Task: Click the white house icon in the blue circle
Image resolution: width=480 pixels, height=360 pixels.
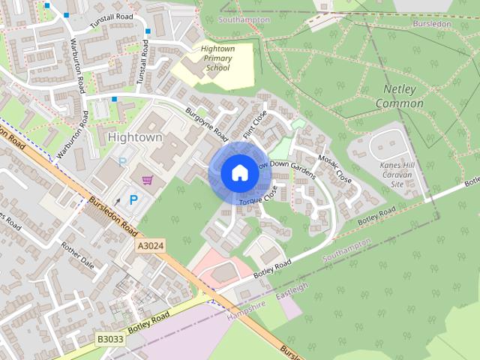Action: pos(239,173)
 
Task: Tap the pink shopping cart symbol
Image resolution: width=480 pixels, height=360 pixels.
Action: pos(147,180)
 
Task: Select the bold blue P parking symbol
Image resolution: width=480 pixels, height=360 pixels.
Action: pos(133,199)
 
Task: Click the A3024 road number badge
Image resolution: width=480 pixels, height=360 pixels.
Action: pos(151,245)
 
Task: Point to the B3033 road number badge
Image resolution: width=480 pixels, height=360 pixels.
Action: pos(110,339)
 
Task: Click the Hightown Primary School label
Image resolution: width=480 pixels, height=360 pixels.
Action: pos(217,58)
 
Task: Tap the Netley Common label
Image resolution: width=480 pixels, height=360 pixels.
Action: pos(399,96)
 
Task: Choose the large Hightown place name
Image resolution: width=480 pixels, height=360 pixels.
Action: pos(135,137)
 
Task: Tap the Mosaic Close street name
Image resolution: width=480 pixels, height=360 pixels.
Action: pos(334,169)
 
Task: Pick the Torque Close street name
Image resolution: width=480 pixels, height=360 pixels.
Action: pos(259,196)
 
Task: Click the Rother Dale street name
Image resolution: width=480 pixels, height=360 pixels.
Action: pos(78,255)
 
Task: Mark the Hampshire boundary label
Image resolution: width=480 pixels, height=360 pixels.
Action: pos(245,307)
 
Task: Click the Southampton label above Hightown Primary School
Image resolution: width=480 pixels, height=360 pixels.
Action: pos(243,19)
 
